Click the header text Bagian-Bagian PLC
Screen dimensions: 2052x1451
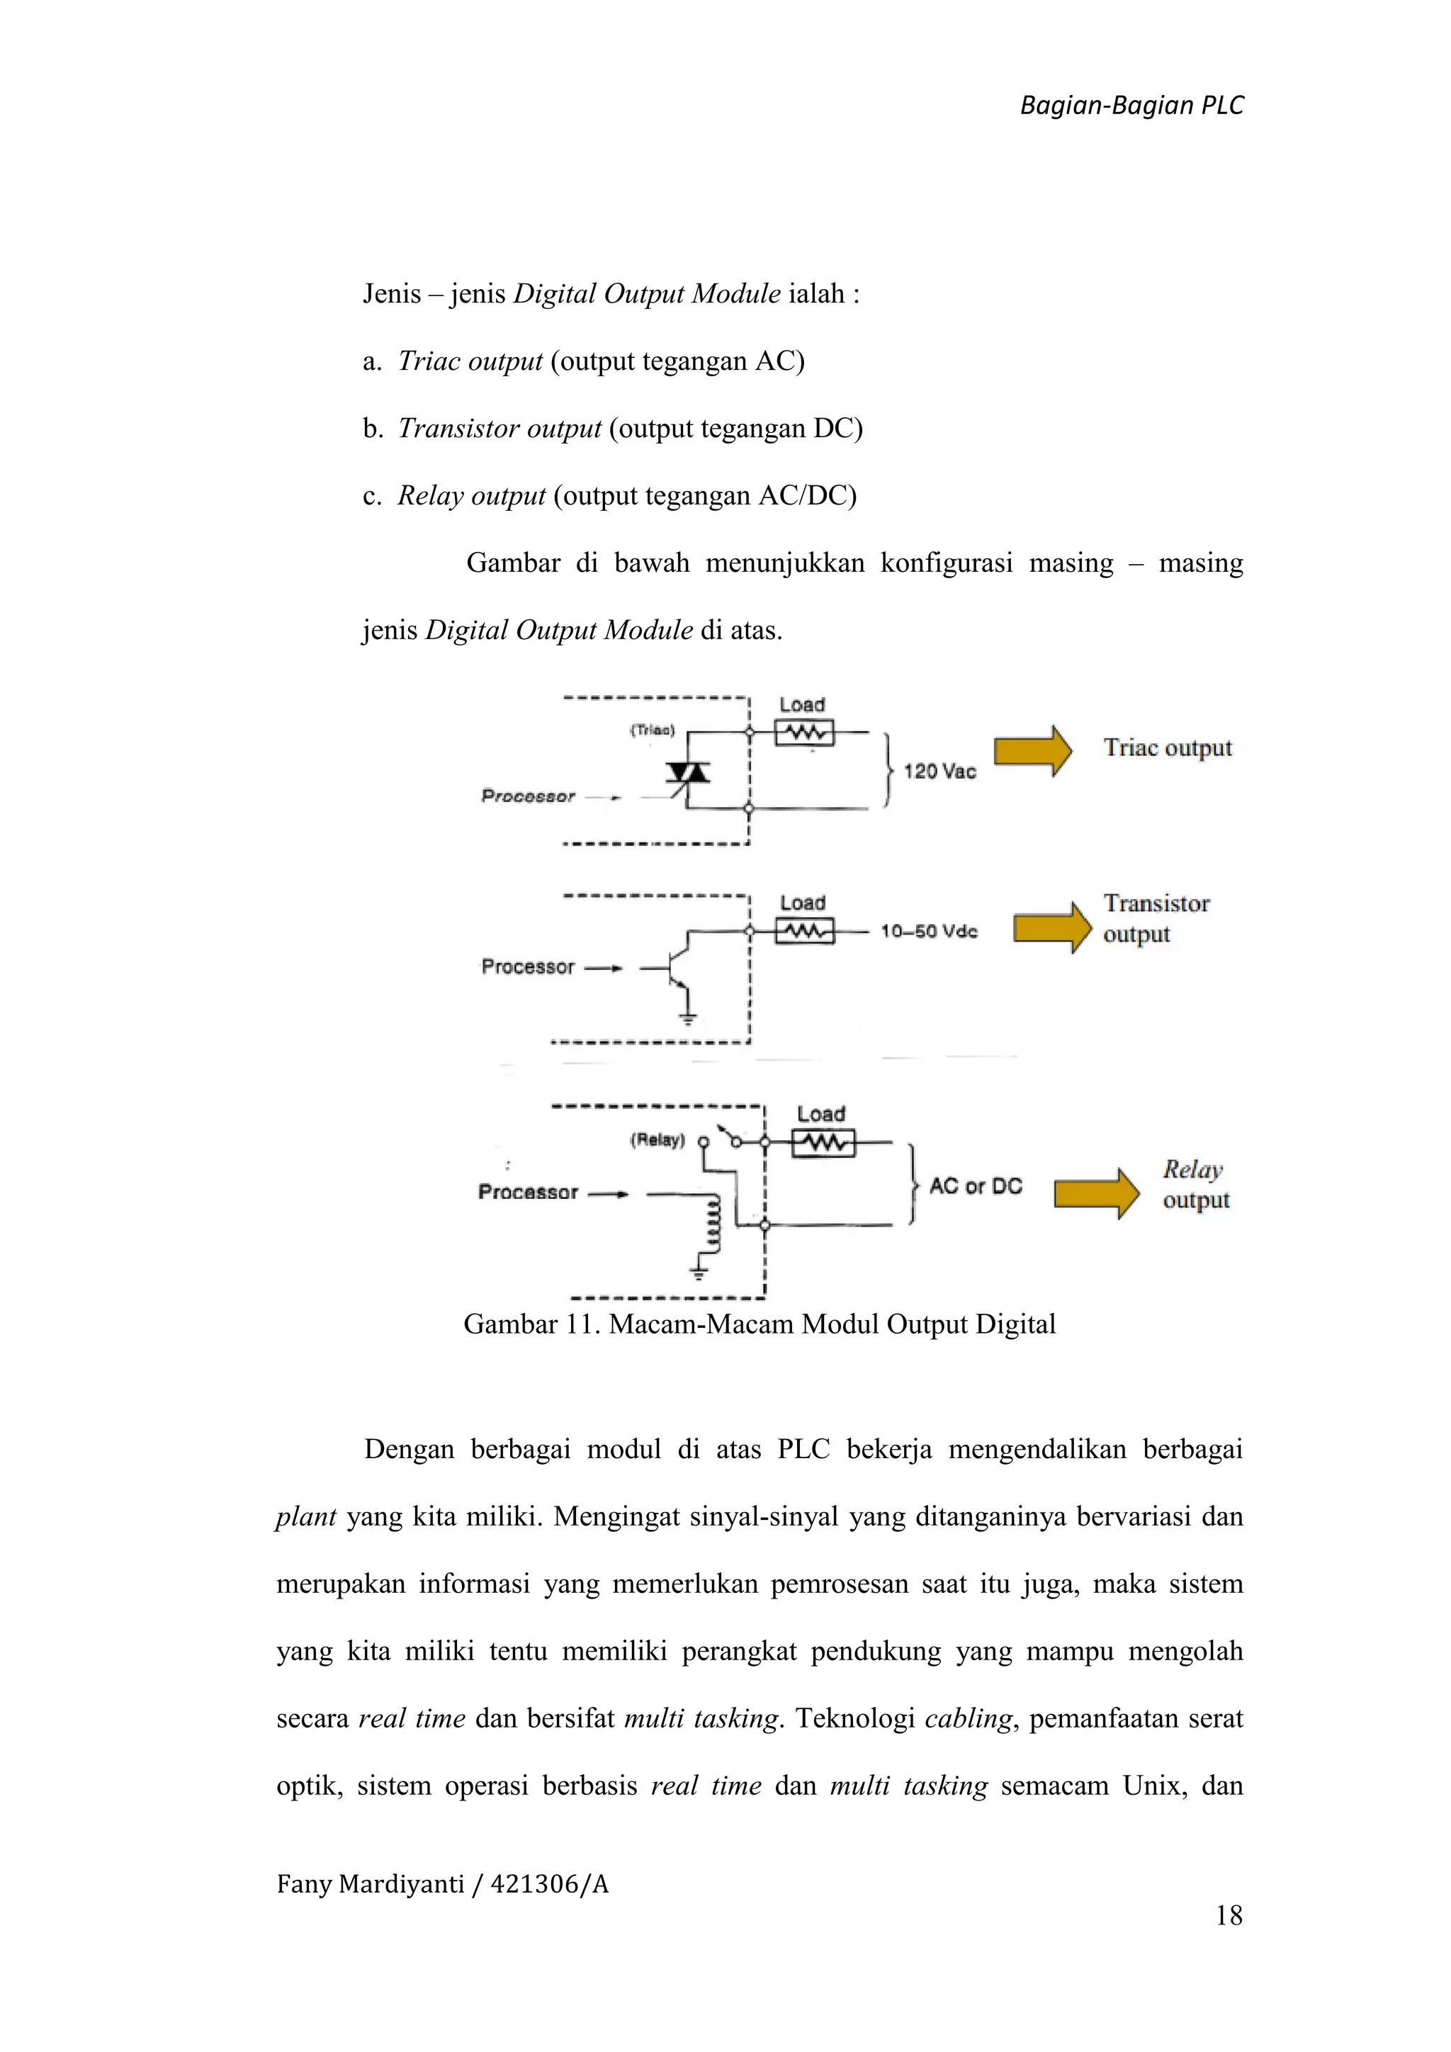pyautogui.click(x=1131, y=106)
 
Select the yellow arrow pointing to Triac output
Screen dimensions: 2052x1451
pyautogui.click(x=1032, y=751)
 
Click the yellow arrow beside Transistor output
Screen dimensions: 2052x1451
pyautogui.click(x=1051, y=927)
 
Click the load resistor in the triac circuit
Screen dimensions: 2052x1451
pyautogui.click(x=804, y=733)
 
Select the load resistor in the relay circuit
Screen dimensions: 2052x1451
pyautogui.click(x=823, y=1143)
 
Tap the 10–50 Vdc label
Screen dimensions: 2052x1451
pyautogui.click(x=930, y=931)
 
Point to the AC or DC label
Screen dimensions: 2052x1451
pyautogui.click(x=976, y=1186)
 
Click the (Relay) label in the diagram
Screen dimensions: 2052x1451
pyautogui.click(x=657, y=1139)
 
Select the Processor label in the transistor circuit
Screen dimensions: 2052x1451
pyautogui.click(x=527, y=967)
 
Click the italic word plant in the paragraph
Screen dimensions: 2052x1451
pyautogui.click(x=305, y=1516)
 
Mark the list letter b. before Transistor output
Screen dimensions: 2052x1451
pyautogui.click(x=373, y=428)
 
